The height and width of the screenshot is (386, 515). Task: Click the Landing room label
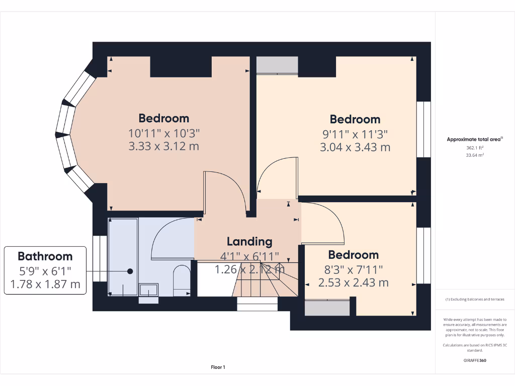point(249,241)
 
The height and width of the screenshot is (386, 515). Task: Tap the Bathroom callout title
point(45,256)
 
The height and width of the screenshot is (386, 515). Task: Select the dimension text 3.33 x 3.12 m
point(164,147)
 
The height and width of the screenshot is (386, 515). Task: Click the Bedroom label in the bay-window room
point(164,118)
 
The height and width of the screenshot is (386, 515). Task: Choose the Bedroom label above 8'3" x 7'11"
point(353,255)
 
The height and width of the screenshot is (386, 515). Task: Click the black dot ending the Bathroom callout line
point(130,271)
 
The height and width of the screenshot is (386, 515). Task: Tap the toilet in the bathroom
point(181,280)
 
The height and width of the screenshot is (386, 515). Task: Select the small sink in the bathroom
point(148,289)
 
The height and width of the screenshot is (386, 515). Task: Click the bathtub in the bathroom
point(123,256)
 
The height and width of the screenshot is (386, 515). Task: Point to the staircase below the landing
point(264,284)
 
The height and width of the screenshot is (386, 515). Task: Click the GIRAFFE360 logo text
point(475,360)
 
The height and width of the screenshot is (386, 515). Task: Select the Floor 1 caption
point(218,367)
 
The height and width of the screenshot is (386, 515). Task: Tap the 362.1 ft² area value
point(475,148)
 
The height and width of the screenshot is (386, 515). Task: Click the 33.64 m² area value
point(475,155)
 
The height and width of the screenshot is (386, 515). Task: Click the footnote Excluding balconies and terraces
point(475,300)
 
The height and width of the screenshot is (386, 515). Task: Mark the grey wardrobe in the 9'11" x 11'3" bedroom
point(277,65)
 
